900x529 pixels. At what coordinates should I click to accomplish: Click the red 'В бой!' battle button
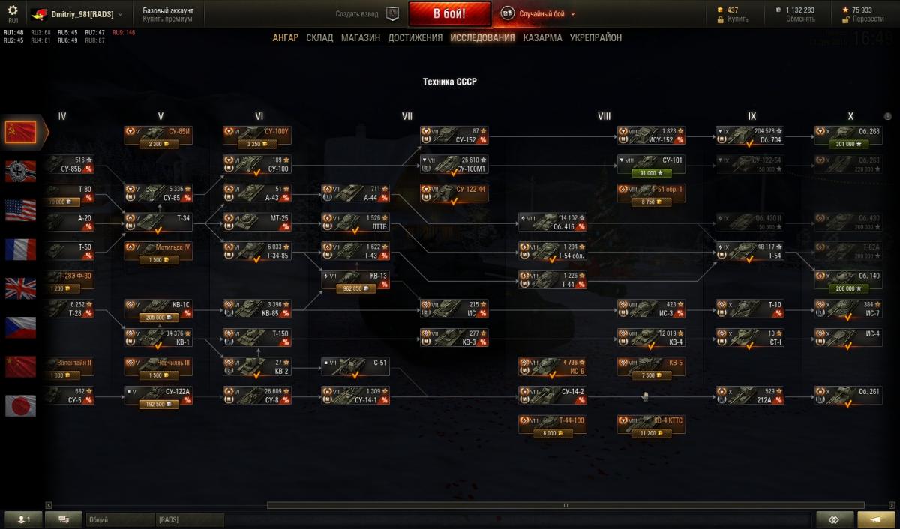point(449,14)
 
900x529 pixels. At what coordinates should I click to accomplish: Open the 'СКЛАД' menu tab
point(319,37)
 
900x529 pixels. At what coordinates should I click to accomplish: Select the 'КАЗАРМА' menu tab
point(542,37)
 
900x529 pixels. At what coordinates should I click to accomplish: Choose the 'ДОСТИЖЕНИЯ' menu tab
point(415,37)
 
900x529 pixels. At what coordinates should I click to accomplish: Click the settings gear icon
point(13,10)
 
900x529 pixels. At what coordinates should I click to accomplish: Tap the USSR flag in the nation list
point(20,133)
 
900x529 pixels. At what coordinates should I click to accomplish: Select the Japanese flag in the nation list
point(20,405)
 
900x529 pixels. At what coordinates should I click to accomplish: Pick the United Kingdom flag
point(20,288)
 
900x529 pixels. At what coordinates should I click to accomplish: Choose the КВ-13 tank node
point(355,279)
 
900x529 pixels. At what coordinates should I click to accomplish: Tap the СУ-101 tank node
point(650,164)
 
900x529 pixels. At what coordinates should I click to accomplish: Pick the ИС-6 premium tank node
point(551,366)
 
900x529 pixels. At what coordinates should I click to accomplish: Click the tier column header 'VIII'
point(604,116)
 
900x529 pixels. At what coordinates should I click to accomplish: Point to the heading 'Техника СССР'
point(450,82)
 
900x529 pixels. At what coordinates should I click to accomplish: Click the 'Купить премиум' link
point(167,19)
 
